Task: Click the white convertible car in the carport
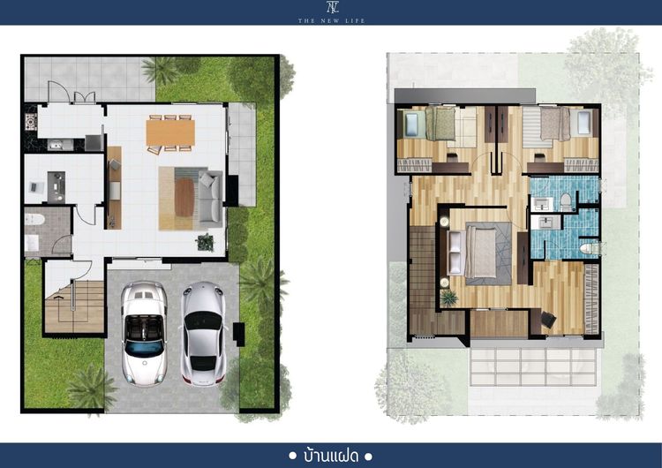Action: click(144, 333)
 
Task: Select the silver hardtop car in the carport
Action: click(203, 333)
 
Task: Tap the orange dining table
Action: click(170, 132)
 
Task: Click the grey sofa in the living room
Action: click(210, 196)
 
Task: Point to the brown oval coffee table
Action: click(184, 197)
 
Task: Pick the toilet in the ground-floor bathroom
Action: click(34, 219)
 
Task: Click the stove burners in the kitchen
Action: click(30, 122)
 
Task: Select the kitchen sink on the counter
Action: click(56, 146)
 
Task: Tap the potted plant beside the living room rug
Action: click(205, 242)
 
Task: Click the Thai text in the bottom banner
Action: click(331, 457)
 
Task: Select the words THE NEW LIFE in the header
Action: click(331, 20)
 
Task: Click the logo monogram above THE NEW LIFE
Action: click(332, 8)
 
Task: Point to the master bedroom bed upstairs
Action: click(480, 253)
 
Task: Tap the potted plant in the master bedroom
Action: click(448, 298)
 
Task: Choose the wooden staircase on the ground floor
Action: click(74, 306)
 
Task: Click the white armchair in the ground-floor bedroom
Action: click(37, 187)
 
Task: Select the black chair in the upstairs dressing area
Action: click(548, 320)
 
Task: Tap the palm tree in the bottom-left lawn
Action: click(91, 388)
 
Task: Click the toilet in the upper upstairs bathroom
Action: click(566, 202)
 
